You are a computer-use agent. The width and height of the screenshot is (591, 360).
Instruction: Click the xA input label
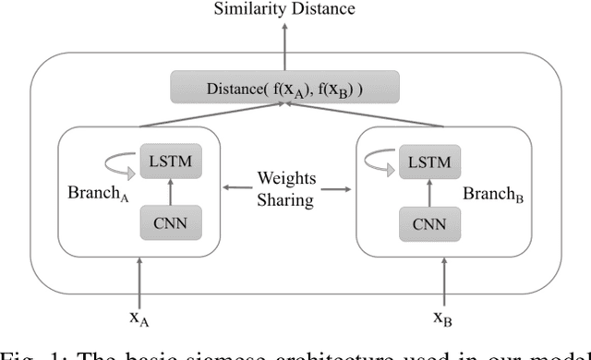(139, 318)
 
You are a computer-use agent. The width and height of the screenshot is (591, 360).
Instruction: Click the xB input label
(444, 318)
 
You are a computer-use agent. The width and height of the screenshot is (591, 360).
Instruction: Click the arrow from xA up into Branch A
(139, 282)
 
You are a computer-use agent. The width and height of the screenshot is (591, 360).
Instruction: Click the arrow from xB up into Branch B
(444, 282)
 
